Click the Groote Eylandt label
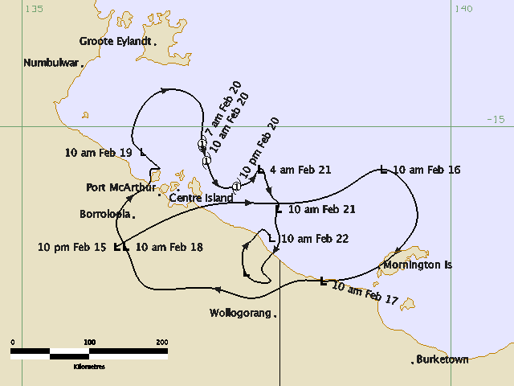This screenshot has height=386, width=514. pos(115,41)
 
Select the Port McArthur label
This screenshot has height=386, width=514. pos(120,188)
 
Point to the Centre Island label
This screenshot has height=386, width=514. pos(201,198)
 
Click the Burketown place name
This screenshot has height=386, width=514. pos(443,359)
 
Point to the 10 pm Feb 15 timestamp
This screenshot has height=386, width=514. pos(71,248)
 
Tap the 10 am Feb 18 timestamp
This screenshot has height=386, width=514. pos(169,248)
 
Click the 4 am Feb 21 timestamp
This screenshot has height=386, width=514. pos(300,170)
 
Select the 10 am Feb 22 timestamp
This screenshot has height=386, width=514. pos(315,239)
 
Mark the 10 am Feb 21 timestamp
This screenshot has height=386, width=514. pos(321,209)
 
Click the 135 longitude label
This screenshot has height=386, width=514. pos(34,9)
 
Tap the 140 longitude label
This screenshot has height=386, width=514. pos(463,9)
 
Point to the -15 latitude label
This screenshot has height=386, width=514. pos(496,119)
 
